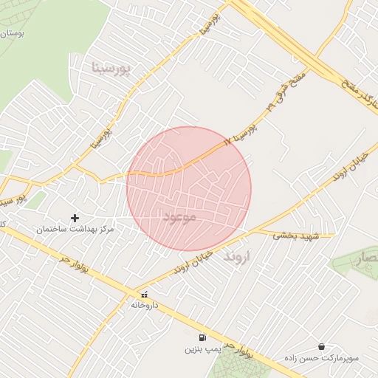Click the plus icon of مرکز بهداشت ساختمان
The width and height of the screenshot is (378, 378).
(x=75, y=218)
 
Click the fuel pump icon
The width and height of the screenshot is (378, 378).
(x=202, y=337)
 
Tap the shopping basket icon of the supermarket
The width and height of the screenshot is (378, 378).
(x=321, y=346)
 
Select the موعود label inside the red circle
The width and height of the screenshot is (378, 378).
(x=179, y=217)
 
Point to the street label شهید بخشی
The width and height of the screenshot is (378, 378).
(x=295, y=236)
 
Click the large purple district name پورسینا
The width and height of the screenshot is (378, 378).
(x=111, y=68)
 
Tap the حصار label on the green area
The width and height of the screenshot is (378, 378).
(x=368, y=260)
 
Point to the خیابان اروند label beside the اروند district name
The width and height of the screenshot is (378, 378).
(x=194, y=260)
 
